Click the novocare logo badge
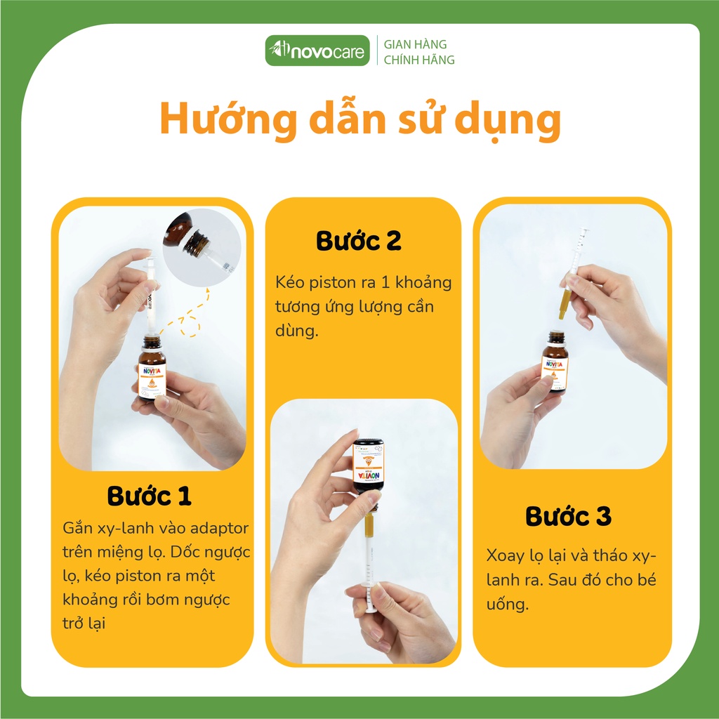point(317,51)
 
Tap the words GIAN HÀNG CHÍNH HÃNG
point(418,52)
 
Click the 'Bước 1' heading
point(149,496)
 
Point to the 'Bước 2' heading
point(358,241)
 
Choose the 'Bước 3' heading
point(568,516)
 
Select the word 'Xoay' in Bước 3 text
point(503,555)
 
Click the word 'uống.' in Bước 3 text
point(506,604)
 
